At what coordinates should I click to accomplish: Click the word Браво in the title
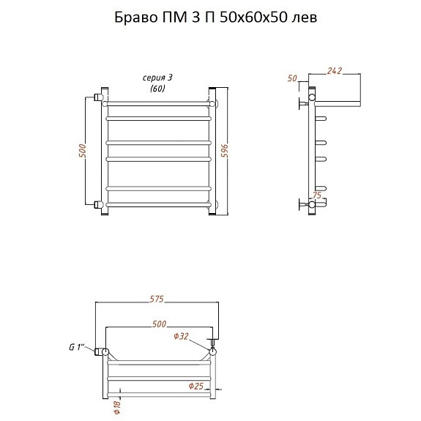136,18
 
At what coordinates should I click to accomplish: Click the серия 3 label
157,78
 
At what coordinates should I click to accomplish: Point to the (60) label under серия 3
157,89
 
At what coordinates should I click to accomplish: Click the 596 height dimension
225,151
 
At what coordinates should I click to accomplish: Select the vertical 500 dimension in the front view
83,151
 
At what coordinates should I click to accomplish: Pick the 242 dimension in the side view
335,71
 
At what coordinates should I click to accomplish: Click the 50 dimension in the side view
292,78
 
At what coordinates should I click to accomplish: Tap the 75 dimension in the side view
317,195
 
